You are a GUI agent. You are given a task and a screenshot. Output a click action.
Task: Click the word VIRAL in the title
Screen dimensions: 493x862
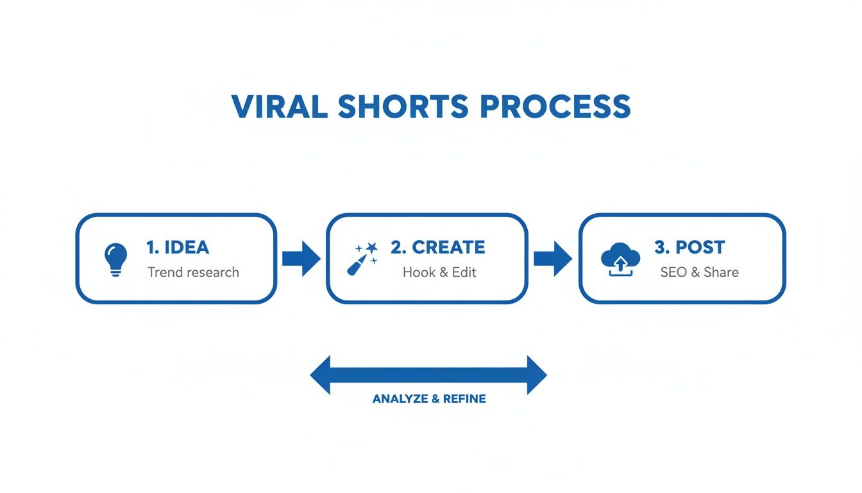tap(280, 107)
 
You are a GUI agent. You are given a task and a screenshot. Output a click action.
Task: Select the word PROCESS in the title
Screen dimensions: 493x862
tap(555, 107)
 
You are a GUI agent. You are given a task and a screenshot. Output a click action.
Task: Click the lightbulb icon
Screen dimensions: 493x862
tap(115, 259)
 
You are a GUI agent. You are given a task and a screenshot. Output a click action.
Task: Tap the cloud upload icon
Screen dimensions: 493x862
tap(620, 259)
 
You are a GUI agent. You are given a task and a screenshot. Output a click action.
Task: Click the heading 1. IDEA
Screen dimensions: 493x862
tap(178, 247)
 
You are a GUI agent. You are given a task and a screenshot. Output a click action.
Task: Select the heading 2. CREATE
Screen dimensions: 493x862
tap(438, 247)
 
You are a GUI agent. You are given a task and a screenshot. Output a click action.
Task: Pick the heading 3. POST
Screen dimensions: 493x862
tap(689, 247)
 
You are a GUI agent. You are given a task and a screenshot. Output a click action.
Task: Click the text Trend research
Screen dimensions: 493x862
tap(193, 272)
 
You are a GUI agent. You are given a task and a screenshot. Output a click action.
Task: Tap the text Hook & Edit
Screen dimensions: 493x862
tap(439, 272)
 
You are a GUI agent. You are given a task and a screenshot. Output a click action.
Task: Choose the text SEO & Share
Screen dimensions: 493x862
tap(699, 272)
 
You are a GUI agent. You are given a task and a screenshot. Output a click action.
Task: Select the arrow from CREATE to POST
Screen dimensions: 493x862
tap(553, 259)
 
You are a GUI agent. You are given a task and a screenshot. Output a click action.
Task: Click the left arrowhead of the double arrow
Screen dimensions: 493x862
tap(321, 375)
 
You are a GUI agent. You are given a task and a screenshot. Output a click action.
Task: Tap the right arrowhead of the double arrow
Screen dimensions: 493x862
tap(536, 375)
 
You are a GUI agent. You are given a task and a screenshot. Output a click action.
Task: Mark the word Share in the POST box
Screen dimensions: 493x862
tap(720, 272)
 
